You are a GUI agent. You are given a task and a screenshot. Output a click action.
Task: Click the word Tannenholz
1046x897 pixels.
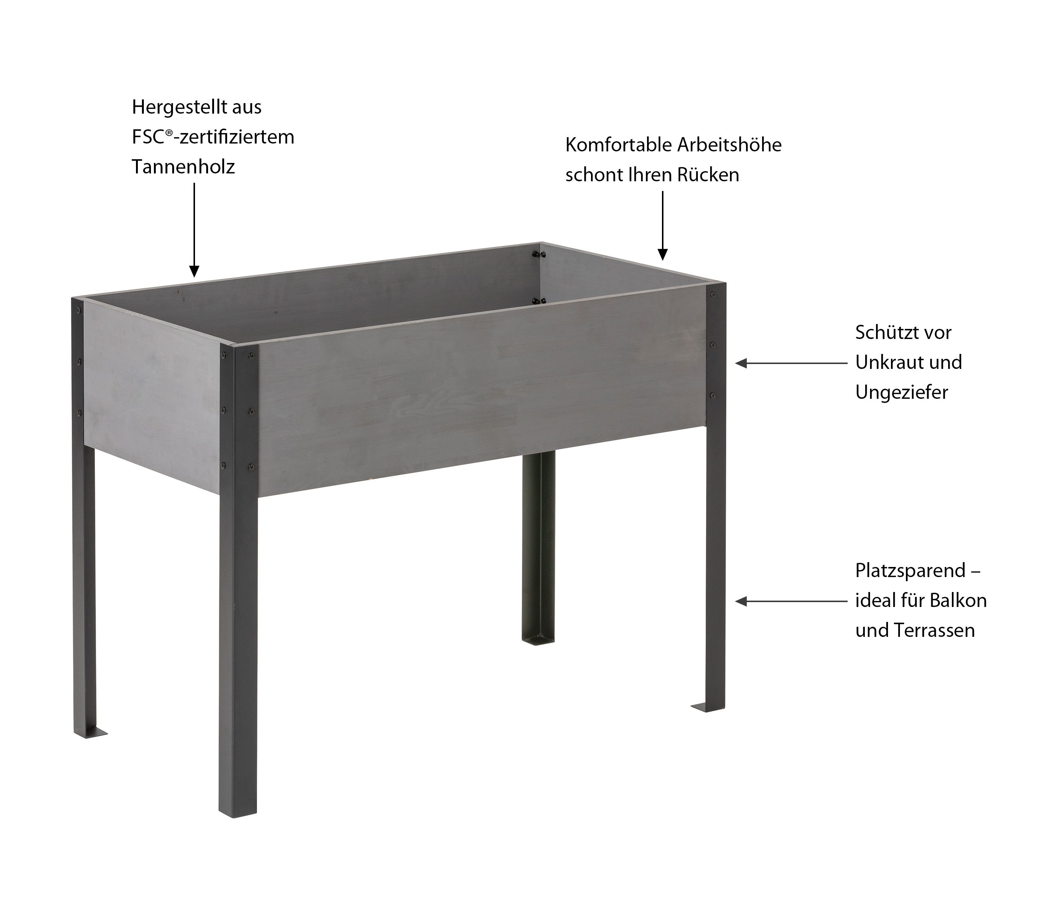pyautogui.click(x=183, y=167)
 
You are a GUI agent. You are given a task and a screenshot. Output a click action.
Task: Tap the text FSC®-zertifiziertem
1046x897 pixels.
pyautogui.click(x=213, y=137)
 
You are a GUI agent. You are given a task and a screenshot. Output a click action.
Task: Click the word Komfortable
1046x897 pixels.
pyautogui.click(x=618, y=145)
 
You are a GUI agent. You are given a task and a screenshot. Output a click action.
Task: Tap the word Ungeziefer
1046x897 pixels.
pyautogui.click(x=902, y=392)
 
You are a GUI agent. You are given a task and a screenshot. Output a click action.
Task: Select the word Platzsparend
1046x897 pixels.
pyautogui.click(x=910, y=571)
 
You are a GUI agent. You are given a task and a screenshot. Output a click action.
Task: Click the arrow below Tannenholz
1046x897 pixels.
pyautogui.click(x=194, y=230)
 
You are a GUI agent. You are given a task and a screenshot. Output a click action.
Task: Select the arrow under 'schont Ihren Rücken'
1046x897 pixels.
pyautogui.click(x=662, y=226)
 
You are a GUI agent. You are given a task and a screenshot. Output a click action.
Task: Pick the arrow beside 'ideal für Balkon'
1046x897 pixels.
pyautogui.click(x=791, y=601)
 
